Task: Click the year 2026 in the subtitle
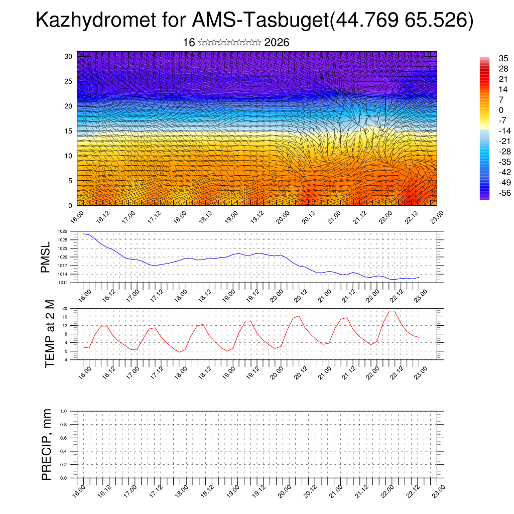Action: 277,43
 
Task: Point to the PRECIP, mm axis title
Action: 47,444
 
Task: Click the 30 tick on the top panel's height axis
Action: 69,56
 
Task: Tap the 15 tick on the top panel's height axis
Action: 69,131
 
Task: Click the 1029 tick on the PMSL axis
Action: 62,231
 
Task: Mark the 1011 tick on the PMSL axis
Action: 62,283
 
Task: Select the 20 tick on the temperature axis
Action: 65,308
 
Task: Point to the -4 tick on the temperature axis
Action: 65,359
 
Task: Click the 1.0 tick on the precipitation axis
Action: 64,411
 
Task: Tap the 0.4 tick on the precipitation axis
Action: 64,451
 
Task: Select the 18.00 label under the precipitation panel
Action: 179,490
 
